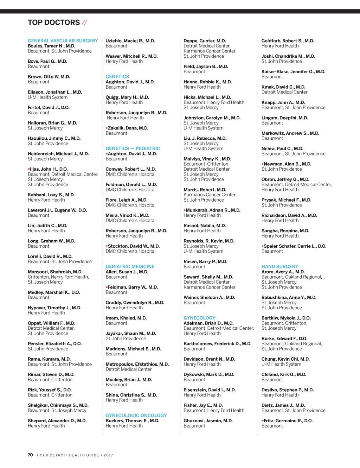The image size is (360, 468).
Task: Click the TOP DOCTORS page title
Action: pos(54,23)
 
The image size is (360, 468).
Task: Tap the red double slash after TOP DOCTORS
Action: pos(84,23)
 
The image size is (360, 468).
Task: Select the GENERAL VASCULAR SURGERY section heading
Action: pos(63,41)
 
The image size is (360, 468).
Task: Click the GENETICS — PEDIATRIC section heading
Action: pos(133,148)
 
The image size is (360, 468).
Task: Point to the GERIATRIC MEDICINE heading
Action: pos(130,266)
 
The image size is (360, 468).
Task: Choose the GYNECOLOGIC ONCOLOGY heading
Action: pos(136,416)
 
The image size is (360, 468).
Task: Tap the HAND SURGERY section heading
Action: pos(280,266)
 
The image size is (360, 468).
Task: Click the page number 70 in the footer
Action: pos(30,455)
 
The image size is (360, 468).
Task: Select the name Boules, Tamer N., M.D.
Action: pos(51,46)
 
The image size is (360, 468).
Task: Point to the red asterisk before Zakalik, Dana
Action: pos(107,128)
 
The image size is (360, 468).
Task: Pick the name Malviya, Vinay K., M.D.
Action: pos(207,159)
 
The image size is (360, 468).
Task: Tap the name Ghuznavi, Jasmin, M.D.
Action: pos(208,420)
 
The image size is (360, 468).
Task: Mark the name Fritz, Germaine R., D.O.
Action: pos(288,420)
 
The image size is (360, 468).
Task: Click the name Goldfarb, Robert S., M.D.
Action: pos(288,41)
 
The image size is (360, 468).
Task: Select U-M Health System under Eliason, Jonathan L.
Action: pos(48,97)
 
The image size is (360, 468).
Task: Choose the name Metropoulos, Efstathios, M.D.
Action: pos(137,364)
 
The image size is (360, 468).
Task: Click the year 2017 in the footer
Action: pos(108,455)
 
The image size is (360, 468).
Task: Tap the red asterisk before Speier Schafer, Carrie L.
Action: pos(263,246)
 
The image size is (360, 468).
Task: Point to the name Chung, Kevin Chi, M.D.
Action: pos(285,359)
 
